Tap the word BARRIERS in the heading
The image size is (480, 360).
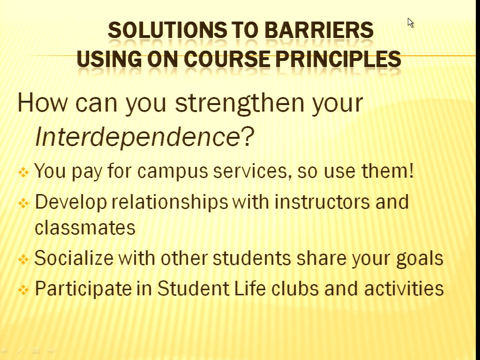pyautogui.click(x=319, y=30)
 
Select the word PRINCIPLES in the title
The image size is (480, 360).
pyautogui.click(x=338, y=59)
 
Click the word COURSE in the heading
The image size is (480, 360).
pyautogui.click(x=227, y=59)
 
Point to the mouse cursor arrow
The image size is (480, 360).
pyautogui.click(x=410, y=22)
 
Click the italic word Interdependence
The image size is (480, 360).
pyautogui.click(x=138, y=136)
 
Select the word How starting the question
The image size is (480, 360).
pyautogui.click(x=43, y=103)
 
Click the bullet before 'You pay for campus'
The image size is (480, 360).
pyautogui.click(x=23, y=172)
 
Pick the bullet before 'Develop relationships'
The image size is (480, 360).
pyautogui.click(x=23, y=203)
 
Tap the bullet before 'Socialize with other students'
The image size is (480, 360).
pyautogui.click(x=23, y=260)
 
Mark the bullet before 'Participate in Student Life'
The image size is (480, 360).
pyautogui.click(x=23, y=290)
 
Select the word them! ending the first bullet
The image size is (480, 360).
pyautogui.click(x=388, y=170)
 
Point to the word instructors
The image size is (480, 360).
pyautogui.click(x=322, y=202)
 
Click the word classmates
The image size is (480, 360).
pyautogui.click(x=85, y=227)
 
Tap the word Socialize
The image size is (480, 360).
pyautogui.click(x=74, y=258)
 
